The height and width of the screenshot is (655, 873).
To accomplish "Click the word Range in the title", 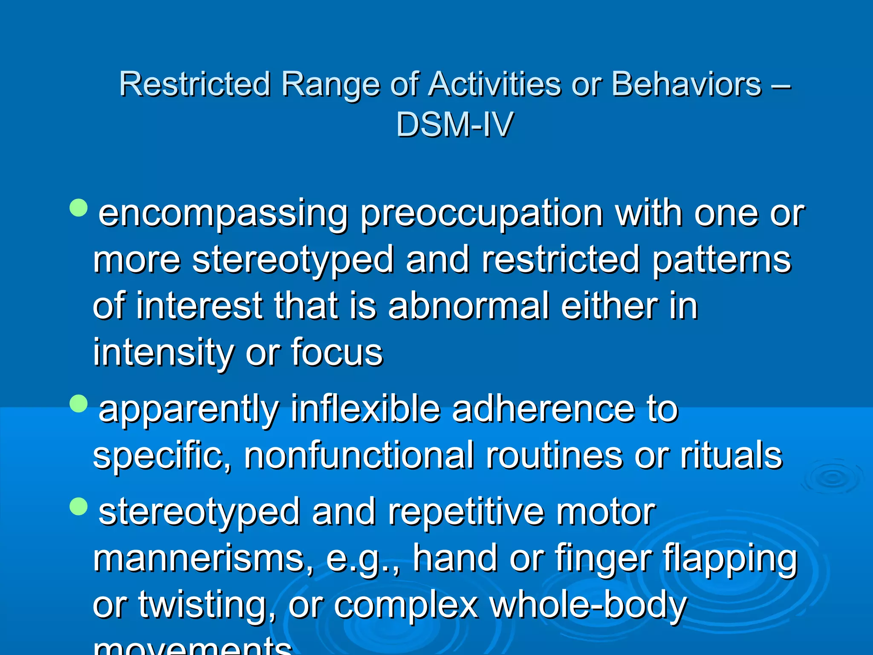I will [x=330, y=85].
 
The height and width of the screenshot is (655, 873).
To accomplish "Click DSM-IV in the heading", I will [x=454, y=125].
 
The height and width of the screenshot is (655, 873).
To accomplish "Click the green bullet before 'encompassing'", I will [x=78, y=208].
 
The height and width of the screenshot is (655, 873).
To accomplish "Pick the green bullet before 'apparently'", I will [x=78, y=403].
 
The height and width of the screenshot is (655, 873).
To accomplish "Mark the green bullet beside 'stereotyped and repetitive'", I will [x=78, y=506].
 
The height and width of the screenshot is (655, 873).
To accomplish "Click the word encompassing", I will [x=223, y=214].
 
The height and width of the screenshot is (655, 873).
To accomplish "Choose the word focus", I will [x=337, y=353].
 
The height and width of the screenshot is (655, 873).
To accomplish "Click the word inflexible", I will [x=365, y=409].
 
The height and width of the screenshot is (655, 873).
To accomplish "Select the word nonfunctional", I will [x=358, y=456].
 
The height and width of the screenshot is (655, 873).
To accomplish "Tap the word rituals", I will [x=731, y=456].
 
